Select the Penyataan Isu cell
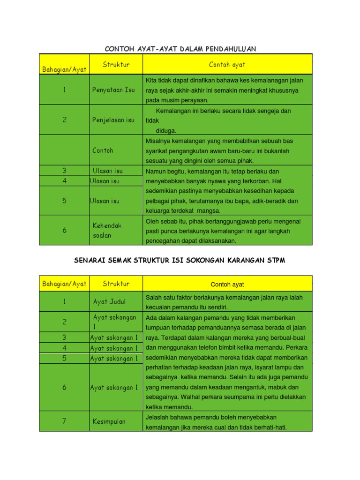coord(113,90)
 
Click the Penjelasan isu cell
coord(113,120)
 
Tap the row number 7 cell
coord(64,421)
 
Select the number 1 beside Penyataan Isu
coord(64,90)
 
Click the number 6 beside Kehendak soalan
coord(64,230)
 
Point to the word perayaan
coord(195,100)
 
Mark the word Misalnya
coord(159,141)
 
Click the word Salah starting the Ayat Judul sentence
coord(154,297)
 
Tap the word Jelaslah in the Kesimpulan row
coord(159,417)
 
